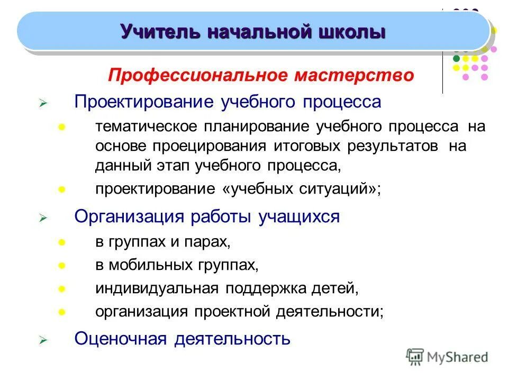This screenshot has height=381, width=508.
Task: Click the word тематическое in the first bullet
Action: point(146,127)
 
